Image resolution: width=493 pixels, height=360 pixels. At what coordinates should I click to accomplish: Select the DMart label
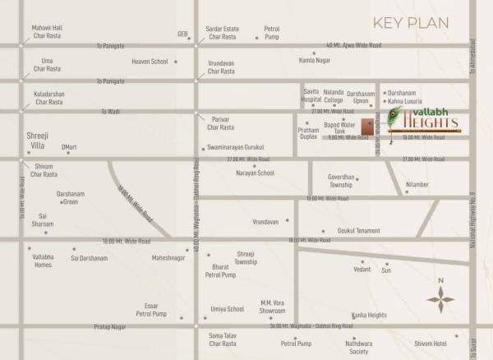(69, 147)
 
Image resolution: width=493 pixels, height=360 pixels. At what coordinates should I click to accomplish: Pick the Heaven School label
(150, 62)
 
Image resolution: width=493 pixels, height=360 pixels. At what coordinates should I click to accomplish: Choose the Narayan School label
(255, 173)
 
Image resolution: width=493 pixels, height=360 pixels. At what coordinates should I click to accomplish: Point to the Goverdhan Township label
(342, 181)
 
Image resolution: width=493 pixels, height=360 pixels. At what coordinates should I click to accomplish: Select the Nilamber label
(417, 184)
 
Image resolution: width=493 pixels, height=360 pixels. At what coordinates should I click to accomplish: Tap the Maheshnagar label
(168, 258)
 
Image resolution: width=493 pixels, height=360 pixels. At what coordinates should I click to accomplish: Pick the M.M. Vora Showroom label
(272, 307)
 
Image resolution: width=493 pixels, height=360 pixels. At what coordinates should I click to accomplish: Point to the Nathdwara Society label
(358, 347)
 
